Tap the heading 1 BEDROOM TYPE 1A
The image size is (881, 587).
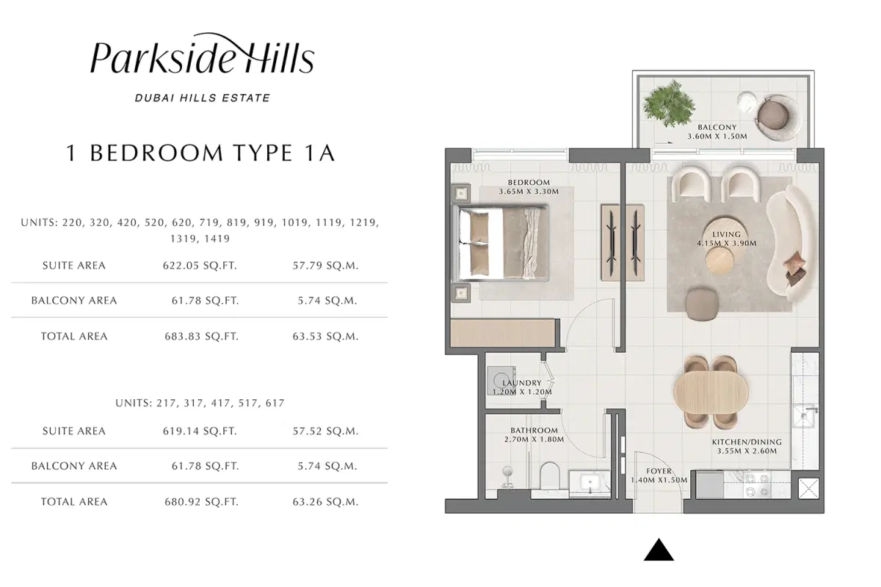200,153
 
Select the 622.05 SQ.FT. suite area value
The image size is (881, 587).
200,266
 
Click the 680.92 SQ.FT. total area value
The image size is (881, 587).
200,502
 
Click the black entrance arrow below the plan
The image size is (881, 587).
659,550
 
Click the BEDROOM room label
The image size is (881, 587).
529,182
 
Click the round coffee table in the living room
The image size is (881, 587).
719,259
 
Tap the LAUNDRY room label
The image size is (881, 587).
522,383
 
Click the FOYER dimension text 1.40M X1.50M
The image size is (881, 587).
659,480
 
